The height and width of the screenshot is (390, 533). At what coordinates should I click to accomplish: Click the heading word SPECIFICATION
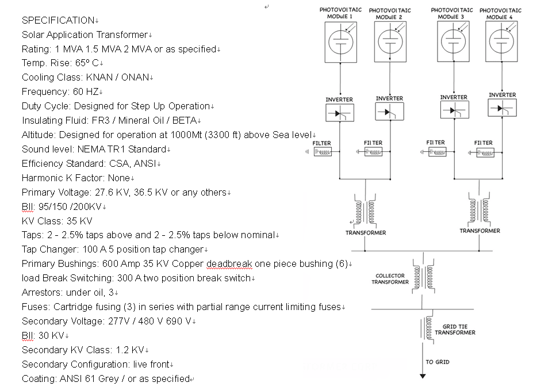(x=58, y=20)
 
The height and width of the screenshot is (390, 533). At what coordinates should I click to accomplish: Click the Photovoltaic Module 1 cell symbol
(x=340, y=42)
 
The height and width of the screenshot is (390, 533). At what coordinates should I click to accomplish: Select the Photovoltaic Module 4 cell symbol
(x=501, y=41)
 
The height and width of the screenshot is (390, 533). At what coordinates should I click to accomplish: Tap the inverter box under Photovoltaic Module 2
(x=389, y=112)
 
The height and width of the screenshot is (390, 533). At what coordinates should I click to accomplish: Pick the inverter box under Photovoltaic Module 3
(x=454, y=110)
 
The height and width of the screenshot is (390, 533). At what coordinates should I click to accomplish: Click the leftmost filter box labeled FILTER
(x=323, y=152)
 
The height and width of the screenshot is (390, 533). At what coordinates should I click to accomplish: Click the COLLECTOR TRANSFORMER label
(x=390, y=279)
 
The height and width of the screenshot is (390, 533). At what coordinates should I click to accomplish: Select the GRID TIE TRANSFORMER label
(x=455, y=330)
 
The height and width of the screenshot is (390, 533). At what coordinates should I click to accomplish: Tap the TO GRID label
(x=438, y=362)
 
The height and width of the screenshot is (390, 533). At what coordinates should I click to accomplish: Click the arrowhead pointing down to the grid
(x=423, y=376)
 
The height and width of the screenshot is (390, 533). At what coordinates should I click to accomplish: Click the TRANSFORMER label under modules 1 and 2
(x=366, y=233)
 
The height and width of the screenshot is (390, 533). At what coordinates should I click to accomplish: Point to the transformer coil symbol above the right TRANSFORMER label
(x=479, y=209)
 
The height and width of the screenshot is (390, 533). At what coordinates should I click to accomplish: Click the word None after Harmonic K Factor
(x=119, y=178)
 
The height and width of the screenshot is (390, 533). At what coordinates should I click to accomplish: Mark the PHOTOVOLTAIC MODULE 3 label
(x=452, y=14)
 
